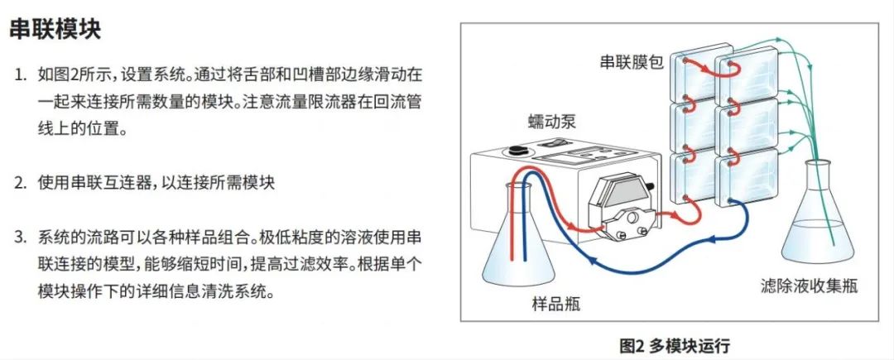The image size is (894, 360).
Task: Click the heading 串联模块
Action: coord(55,31)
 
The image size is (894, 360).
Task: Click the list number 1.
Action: coord(20,75)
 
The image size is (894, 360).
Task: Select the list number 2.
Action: coord(20,183)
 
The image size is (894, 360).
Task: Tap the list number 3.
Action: coord(20,238)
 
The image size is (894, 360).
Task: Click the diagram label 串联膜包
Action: coord(632,62)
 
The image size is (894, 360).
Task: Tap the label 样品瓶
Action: coord(555,303)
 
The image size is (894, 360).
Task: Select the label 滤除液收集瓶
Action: coord(808,286)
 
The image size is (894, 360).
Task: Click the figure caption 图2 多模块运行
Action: coord(675,344)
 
